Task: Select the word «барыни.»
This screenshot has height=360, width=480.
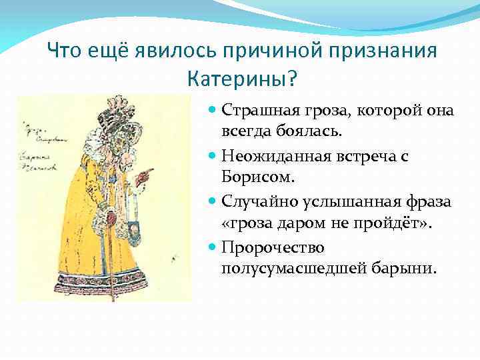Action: pyautogui.click(x=405, y=270)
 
